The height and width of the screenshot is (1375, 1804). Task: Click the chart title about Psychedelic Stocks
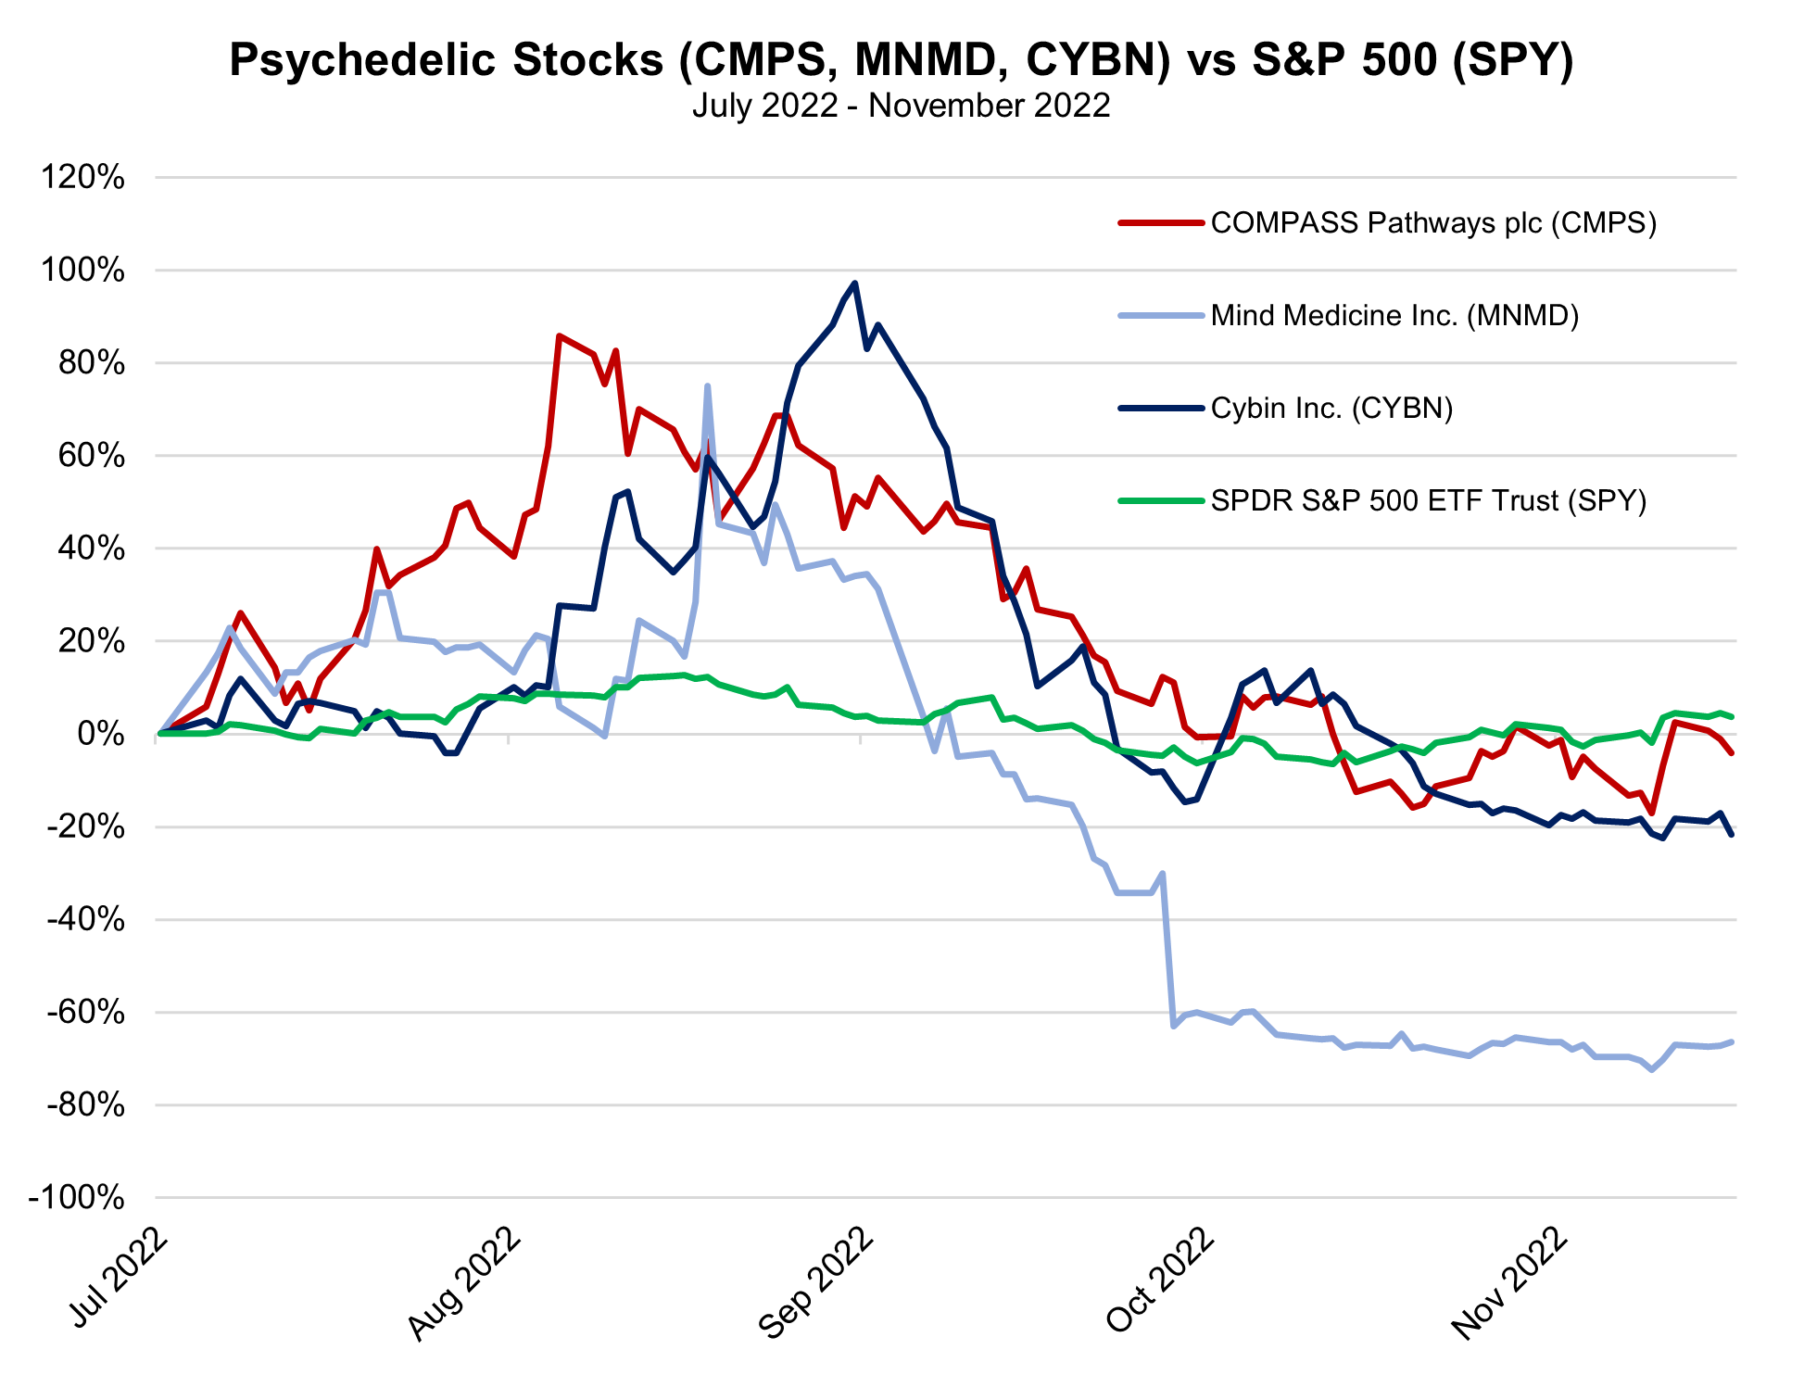pos(901,61)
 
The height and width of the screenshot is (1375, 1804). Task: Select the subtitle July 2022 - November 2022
pos(901,106)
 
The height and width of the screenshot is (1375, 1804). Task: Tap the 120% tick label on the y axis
pos(82,177)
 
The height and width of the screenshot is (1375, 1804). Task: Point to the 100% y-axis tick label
pos(82,271)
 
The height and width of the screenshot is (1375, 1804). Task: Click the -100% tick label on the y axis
pos(77,1198)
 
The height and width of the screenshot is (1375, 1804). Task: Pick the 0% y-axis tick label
pos(101,734)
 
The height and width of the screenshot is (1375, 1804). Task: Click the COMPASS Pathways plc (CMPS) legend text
pos(1433,223)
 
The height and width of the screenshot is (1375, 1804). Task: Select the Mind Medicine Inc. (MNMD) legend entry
pos(1394,316)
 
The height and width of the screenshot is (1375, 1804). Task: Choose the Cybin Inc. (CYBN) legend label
pos(1331,409)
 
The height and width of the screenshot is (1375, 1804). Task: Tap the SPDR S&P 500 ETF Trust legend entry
pos(1429,501)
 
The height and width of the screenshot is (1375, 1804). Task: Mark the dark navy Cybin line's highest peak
pos(854,284)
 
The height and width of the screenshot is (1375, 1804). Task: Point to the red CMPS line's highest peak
pos(559,335)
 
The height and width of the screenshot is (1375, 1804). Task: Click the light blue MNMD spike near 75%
pos(707,386)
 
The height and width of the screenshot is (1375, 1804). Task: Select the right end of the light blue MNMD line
pos(1731,1041)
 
